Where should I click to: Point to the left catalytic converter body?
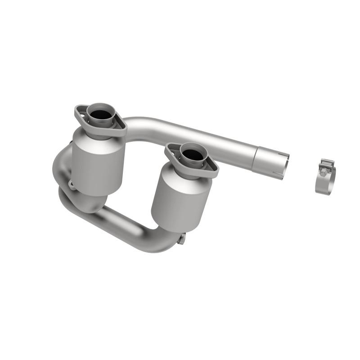[x=98, y=162]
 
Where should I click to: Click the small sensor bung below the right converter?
[x=181, y=239]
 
